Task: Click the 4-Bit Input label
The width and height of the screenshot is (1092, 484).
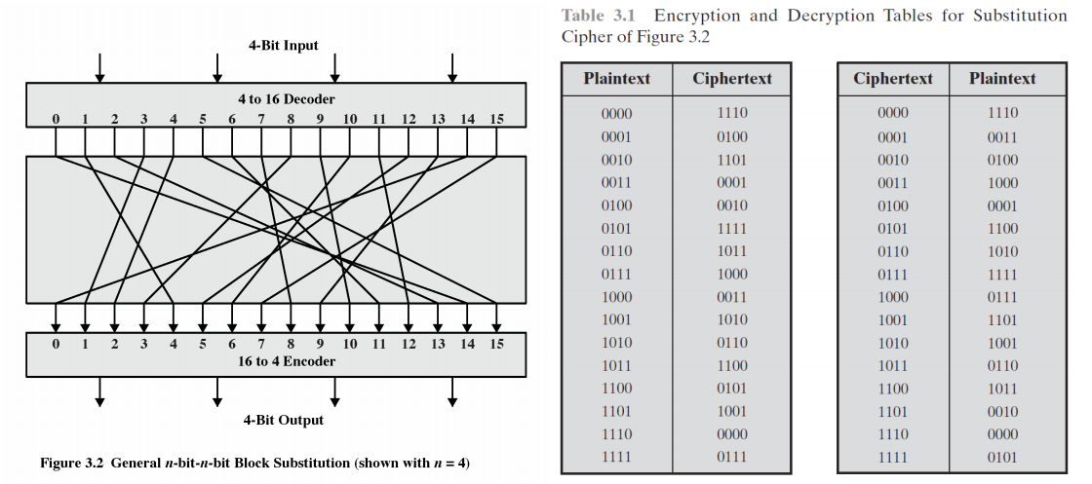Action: pos(284,46)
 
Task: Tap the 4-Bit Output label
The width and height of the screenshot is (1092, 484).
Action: pos(284,420)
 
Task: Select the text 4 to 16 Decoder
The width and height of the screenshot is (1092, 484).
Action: pos(286,99)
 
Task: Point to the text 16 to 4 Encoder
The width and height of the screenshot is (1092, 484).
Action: pos(286,361)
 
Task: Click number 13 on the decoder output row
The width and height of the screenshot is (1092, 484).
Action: pos(438,119)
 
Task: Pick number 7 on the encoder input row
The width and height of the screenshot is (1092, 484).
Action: pos(261,344)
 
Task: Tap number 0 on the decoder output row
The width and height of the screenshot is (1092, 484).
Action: pos(56,119)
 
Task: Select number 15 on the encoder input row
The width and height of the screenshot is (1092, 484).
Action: pos(496,344)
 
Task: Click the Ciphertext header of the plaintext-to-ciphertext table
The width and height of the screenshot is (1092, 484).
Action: pos(732,79)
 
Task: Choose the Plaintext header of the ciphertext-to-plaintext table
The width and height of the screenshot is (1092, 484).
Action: pos(1002,79)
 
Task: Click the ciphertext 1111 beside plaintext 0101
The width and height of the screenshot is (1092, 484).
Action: pos(731,228)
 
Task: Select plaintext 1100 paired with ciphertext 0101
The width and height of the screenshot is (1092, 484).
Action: pos(616,388)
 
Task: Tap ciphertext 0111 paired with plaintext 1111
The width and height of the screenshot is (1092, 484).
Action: pos(731,457)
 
